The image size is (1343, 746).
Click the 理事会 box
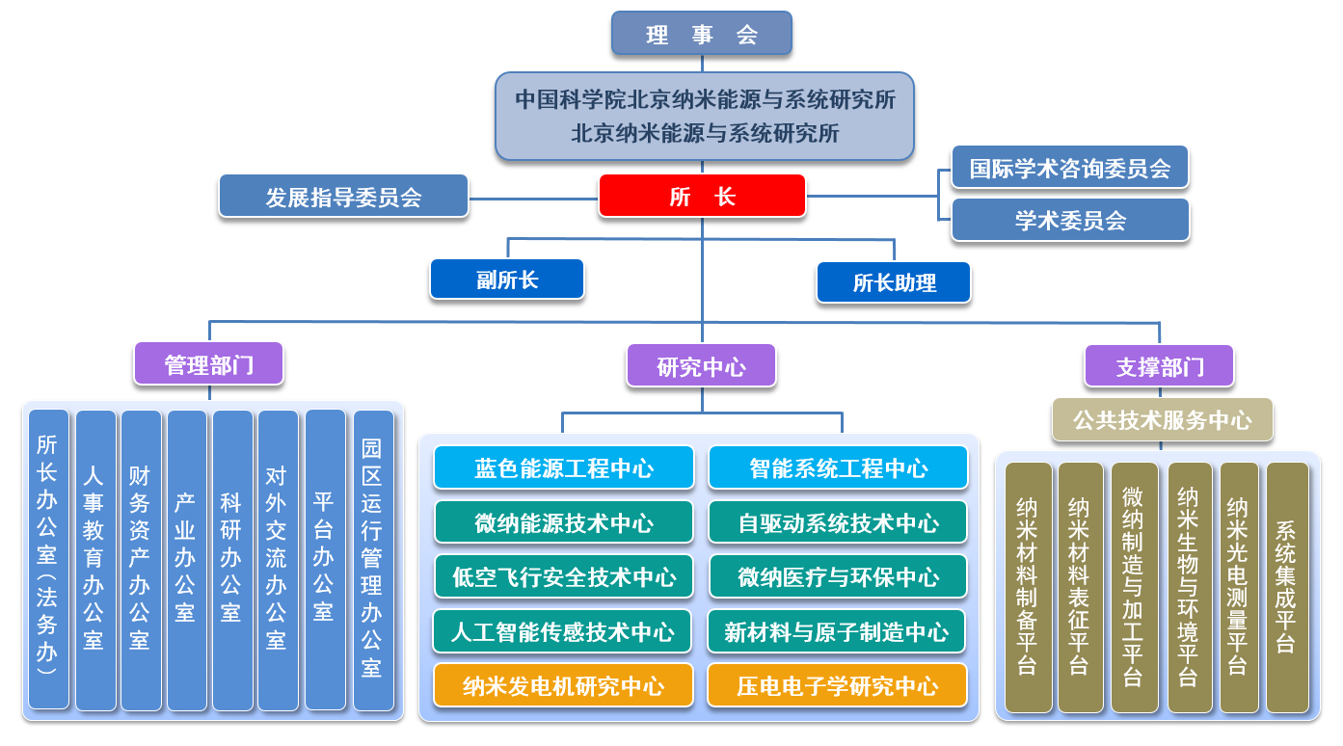tap(702, 34)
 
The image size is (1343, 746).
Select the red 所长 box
tap(702, 196)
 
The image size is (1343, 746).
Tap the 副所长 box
tap(507, 280)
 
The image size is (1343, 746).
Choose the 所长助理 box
tap(894, 282)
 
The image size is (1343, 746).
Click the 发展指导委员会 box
tap(343, 197)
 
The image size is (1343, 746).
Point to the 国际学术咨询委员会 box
tap(1069, 169)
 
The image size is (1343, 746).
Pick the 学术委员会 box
tap(1069, 220)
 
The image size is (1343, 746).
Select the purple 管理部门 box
tap(208, 365)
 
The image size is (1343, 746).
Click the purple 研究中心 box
tap(701, 366)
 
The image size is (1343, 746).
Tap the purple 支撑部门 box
tap(1160, 366)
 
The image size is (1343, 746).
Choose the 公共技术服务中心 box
tap(1162, 420)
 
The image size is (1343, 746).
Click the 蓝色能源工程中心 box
tap(564, 468)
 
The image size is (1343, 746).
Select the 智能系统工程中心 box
tap(838, 468)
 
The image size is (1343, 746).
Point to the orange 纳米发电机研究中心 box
tap(564, 686)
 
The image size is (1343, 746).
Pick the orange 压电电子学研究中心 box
tap(837, 686)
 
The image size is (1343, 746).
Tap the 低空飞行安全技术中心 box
tap(564, 577)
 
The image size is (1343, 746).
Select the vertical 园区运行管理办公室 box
tap(373, 560)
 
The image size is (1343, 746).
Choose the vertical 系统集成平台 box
tap(1287, 587)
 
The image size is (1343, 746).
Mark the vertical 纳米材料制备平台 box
tap(1029, 587)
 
